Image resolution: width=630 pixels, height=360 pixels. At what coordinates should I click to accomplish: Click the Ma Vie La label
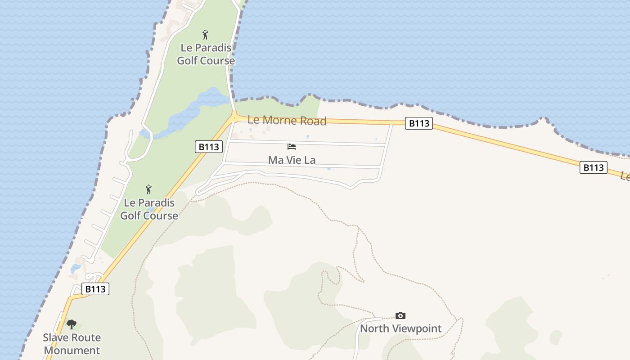coord(292,160)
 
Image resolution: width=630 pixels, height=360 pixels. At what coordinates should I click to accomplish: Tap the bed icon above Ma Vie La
coord(292,147)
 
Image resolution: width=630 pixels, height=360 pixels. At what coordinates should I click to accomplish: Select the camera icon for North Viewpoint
coord(400,315)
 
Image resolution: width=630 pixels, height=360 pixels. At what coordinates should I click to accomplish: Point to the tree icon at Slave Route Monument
coord(72,324)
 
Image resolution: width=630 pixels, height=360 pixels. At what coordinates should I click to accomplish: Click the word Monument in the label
coord(72,350)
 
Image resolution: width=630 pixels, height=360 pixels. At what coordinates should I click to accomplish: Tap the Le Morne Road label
coord(287,121)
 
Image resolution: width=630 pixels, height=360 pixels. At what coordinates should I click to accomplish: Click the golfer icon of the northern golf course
coord(206,35)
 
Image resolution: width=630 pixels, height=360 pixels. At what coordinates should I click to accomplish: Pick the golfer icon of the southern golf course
coord(148,190)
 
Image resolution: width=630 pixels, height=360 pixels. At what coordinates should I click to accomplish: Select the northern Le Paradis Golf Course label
coord(206,54)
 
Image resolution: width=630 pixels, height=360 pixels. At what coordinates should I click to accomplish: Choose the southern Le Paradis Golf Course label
coord(149,209)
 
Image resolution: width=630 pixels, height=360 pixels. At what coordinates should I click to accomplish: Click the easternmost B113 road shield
coord(593,168)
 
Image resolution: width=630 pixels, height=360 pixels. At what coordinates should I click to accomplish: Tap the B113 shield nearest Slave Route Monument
coord(95,289)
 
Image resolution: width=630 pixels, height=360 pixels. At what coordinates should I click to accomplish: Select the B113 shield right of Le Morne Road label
coord(418,123)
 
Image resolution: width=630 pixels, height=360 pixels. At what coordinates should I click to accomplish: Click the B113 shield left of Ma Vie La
coord(209,147)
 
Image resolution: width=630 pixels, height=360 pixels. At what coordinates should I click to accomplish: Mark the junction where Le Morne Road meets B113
coord(234,118)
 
